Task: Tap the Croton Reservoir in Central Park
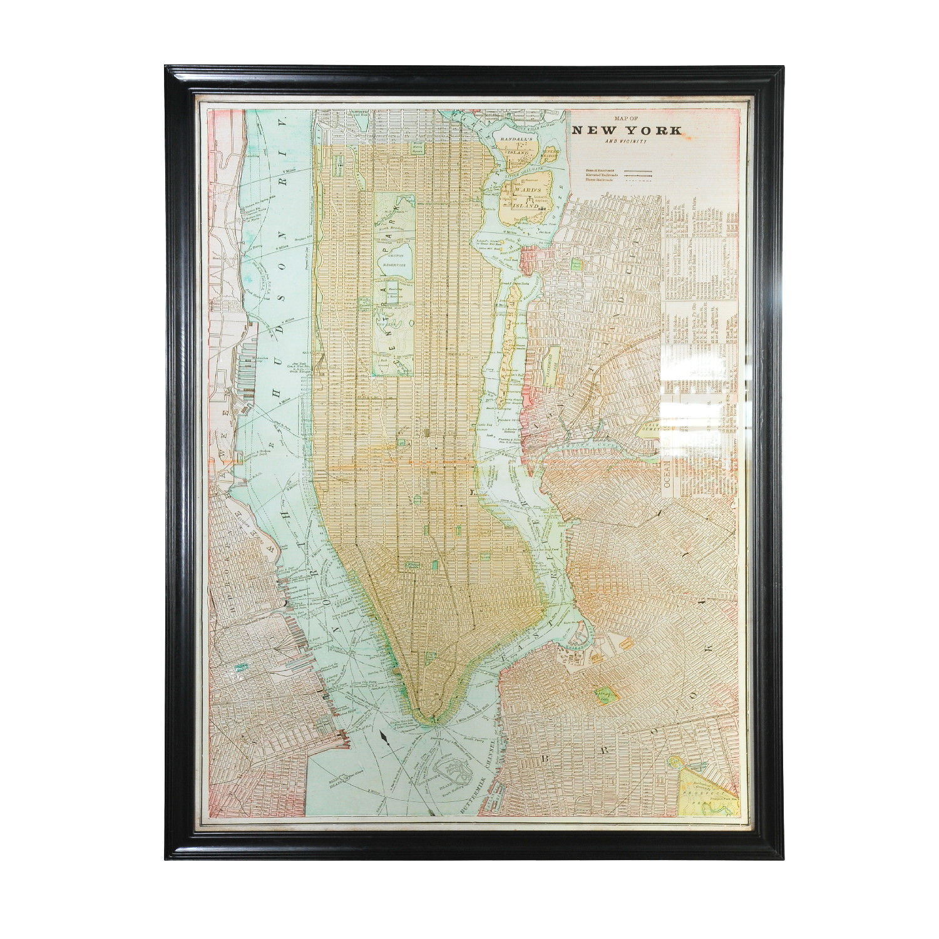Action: click(x=396, y=259)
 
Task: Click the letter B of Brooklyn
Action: click(x=546, y=759)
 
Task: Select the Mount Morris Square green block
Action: click(x=418, y=148)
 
